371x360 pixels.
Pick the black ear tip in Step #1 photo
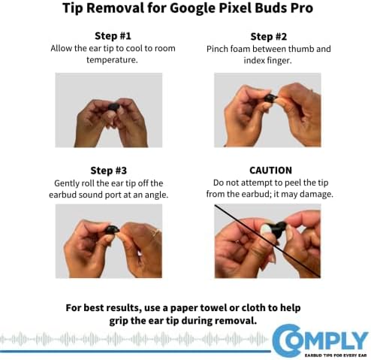[x=114, y=108]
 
